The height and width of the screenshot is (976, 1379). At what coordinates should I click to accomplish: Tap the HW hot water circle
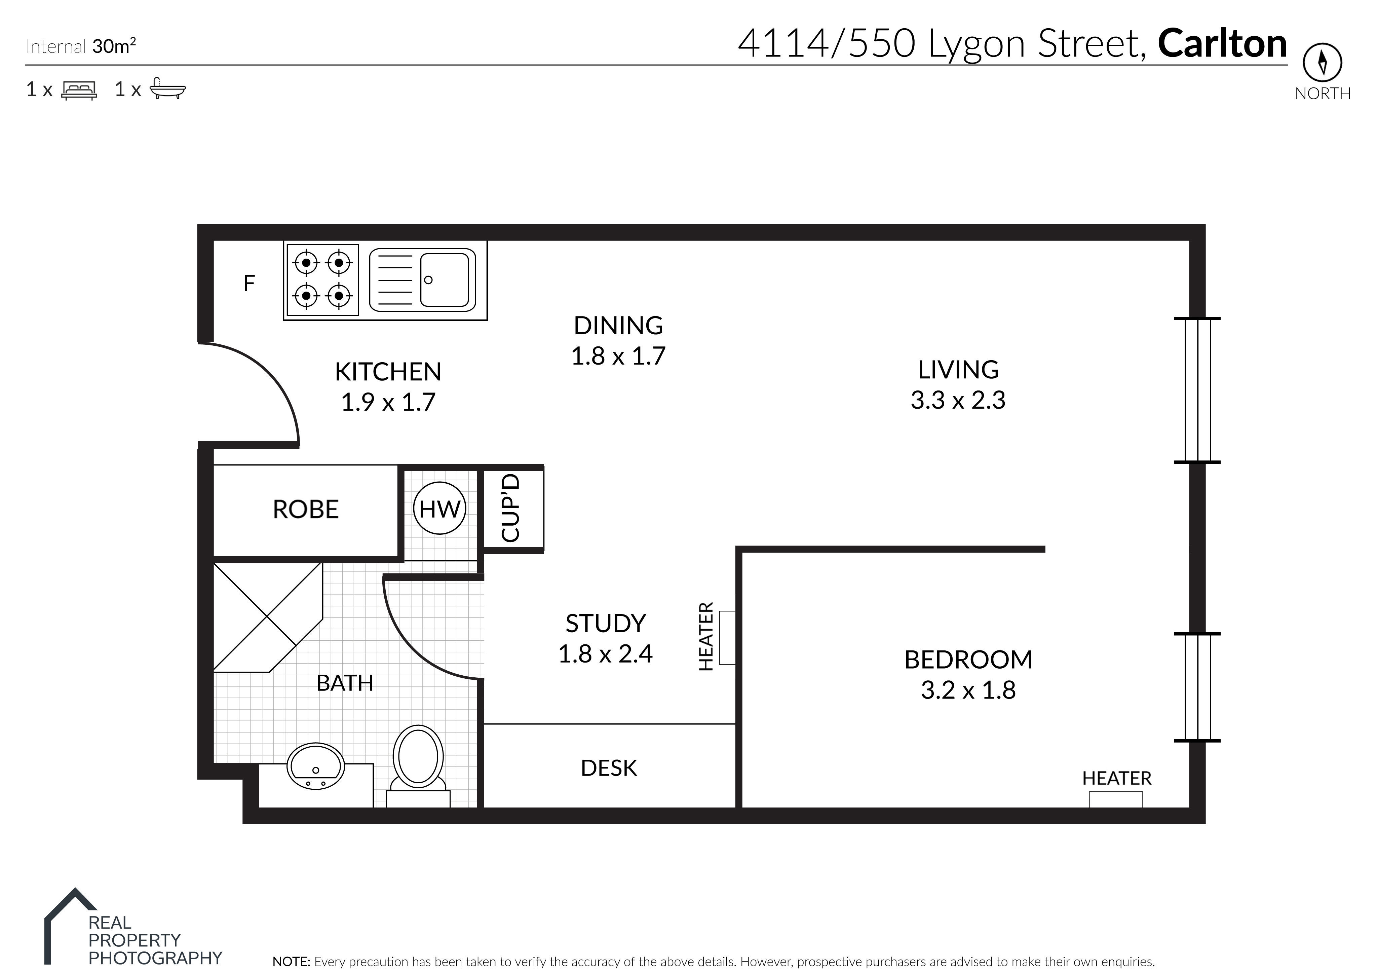tap(440, 509)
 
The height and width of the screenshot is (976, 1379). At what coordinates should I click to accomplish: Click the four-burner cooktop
tap(323, 279)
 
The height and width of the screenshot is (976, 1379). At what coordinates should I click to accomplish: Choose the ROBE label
tap(306, 510)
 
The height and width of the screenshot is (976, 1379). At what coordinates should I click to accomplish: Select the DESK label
tap(609, 768)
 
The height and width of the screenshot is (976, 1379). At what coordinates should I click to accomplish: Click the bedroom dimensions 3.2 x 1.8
tap(968, 690)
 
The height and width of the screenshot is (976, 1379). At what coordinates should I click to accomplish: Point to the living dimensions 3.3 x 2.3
tap(958, 400)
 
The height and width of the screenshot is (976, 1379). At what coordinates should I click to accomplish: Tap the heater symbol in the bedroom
tap(1116, 799)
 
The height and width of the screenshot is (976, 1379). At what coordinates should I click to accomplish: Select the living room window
tap(1197, 390)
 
